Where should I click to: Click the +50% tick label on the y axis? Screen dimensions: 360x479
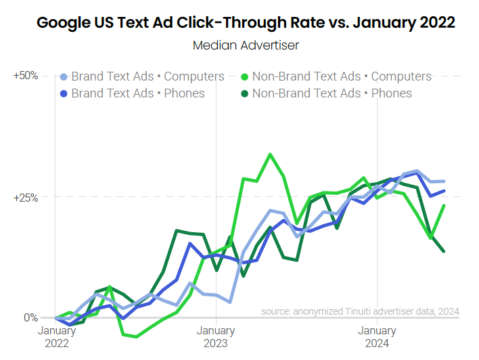(x=26, y=76)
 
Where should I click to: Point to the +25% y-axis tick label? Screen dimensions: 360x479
(x=26, y=197)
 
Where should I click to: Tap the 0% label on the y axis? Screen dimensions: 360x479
(x=30, y=317)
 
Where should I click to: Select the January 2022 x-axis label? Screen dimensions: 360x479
(x=56, y=336)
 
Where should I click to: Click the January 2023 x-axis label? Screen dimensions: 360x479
(x=216, y=336)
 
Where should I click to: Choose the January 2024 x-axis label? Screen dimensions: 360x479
(x=377, y=336)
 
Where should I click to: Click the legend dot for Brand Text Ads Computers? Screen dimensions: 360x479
(x=64, y=76)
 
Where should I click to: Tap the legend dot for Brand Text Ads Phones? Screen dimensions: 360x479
(x=64, y=93)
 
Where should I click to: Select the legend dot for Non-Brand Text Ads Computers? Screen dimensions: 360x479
(x=245, y=76)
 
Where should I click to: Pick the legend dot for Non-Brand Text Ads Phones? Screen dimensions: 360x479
(x=245, y=93)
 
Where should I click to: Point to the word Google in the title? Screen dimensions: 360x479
(x=63, y=23)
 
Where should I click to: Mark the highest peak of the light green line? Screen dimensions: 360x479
(x=271, y=154)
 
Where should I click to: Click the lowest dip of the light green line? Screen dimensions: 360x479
(x=136, y=336)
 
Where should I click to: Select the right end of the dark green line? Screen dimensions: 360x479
(x=444, y=251)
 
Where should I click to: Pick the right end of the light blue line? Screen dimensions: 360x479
(x=444, y=181)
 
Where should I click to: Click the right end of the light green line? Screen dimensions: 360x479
(x=444, y=206)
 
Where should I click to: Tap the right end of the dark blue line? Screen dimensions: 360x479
(x=444, y=191)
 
